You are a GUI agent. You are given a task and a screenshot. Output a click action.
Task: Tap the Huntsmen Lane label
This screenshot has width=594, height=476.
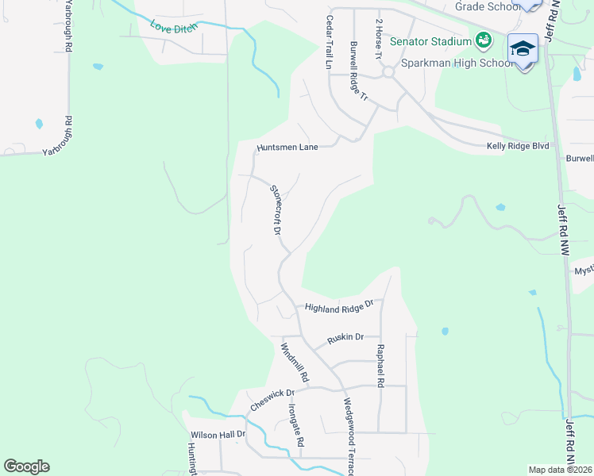(287, 148)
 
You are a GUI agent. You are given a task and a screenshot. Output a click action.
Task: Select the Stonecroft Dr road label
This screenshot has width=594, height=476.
(276, 210)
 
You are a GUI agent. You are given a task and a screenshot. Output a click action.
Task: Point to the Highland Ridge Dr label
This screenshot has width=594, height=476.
(339, 307)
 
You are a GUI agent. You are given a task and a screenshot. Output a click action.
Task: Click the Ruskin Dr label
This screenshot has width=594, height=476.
(345, 338)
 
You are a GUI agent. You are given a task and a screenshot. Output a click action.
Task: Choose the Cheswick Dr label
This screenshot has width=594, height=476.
(272, 399)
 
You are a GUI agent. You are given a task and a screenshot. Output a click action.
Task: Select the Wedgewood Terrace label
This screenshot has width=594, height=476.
(348, 436)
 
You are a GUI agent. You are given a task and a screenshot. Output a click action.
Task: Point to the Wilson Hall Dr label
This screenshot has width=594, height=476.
(218, 435)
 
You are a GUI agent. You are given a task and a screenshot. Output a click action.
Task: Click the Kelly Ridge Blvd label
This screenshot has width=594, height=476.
(518, 146)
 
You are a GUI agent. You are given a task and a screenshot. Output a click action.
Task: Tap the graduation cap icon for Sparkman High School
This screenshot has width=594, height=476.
(523, 49)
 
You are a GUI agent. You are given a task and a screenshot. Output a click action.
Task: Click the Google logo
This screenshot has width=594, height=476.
(26, 466)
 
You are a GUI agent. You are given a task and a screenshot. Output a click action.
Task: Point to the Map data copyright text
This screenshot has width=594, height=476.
(561, 470)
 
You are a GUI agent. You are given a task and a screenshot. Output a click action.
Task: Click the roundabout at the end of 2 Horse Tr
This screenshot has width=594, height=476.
(388, 72)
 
